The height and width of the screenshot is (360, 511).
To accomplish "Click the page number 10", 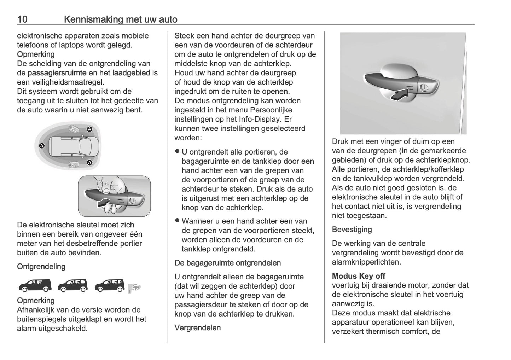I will pos(22,19).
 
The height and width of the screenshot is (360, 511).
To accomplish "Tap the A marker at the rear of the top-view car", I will pos(42,145).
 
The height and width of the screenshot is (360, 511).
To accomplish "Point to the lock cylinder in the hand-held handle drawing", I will pos(132,201).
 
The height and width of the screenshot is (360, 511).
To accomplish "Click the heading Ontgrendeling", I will pos(41,267).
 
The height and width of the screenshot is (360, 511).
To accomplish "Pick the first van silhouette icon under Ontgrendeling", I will pos(35,285).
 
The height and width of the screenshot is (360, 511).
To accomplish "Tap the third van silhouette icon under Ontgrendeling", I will pos(110,285).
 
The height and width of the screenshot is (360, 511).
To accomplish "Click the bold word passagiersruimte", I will pos(57,73).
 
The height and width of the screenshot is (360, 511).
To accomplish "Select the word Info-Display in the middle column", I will pos(258,119).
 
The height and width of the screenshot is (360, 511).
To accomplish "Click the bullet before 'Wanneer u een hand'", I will pos(178,221).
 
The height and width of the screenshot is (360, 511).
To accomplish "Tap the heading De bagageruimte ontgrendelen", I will pos(227,263).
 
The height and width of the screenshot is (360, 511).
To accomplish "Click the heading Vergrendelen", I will pos(197,328).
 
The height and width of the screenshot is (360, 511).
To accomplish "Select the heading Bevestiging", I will pos(352,230).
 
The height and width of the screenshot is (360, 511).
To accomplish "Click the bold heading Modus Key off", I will pos(358,276).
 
